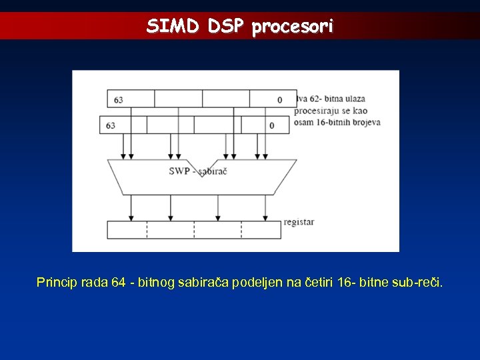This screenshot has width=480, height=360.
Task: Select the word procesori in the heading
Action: coord(293,27)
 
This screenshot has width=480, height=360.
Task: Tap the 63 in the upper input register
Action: coord(118,100)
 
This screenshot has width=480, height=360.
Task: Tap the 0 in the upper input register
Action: coord(279,100)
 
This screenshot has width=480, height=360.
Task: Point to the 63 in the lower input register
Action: coord(110,125)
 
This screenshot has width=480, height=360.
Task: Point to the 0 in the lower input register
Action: coord(271,125)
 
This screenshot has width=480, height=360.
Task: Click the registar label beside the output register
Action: coord(298,221)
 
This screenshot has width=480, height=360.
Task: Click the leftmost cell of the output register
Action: coord(127,229)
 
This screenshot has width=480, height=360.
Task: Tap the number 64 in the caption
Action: coord(118,283)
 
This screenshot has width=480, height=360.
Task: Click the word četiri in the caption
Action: coord(319,283)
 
